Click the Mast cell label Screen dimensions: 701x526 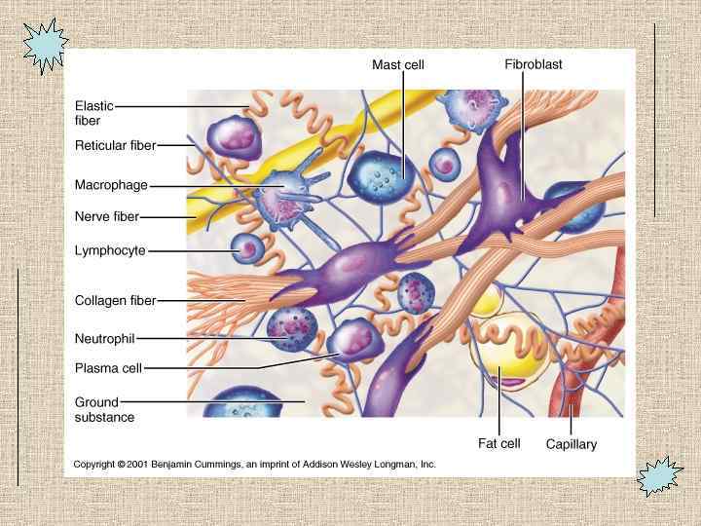[x=398, y=64]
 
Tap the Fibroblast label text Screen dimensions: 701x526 [x=533, y=64]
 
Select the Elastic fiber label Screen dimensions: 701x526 [x=94, y=112]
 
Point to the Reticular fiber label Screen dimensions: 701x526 [x=115, y=146]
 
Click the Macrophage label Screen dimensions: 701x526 [x=111, y=184]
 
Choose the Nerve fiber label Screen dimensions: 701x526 [x=107, y=216]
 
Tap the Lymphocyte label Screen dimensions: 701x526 [x=110, y=250]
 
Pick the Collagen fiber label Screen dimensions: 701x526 [x=115, y=301]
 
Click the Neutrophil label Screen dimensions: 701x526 [x=104, y=338]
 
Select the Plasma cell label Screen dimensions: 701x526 [x=109, y=367]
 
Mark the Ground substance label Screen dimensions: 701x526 [x=104, y=409]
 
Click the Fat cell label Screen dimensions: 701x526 [x=498, y=443]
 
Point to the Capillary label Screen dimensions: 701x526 [x=571, y=444]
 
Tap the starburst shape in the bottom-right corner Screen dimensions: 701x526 [x=659, y=477]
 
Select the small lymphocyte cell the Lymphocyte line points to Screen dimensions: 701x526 [x=247, y=250]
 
